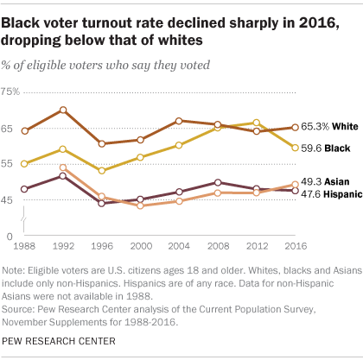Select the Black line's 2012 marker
click(x=256, y=123)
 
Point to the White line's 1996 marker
click(x=101, y=143)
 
